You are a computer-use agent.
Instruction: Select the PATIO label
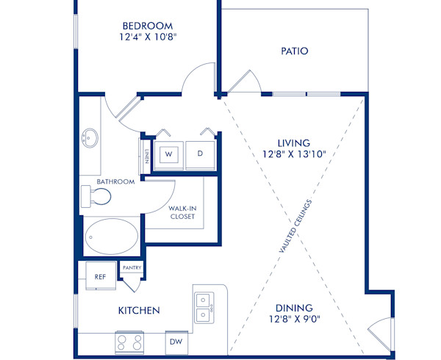point(294,51)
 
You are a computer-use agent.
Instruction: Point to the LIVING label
point(293,143)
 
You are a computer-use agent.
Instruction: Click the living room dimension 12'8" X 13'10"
point(293,154)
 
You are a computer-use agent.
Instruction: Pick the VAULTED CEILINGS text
point(296,226)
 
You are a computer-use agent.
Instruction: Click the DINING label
point(294,308)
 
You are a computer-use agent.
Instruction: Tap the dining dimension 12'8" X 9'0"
point(294,320)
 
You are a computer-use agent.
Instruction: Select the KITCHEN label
point(139,311)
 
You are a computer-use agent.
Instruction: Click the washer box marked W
point(168,154)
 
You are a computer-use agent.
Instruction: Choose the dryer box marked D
point(199,154)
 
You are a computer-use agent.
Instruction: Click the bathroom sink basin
point(90,137)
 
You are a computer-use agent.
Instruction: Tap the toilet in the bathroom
point(97,196)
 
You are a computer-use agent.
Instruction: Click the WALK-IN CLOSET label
point(182,212)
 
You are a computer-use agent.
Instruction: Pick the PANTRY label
point(132,269)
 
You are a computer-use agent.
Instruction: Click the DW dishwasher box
point(176,341)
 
